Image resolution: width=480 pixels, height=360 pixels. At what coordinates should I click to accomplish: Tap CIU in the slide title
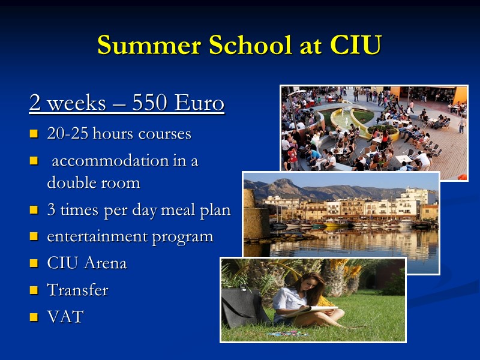pos(355,46)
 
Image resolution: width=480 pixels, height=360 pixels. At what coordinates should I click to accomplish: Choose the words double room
pos(94,182)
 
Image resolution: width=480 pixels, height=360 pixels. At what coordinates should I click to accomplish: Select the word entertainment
pos(97,236)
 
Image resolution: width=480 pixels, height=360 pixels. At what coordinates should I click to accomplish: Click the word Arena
pos(106,263)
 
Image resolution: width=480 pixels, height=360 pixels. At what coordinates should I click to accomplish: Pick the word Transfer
pos(77,290)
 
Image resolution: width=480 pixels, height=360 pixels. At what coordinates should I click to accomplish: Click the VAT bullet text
pos(65,317)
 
